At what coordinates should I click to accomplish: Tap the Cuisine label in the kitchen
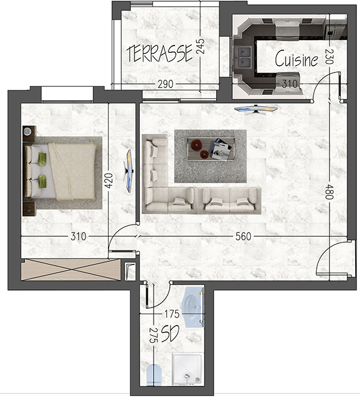pyautogui.click(x=296, y=58)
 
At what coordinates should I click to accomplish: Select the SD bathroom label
pyautogui.click(x=170, y=334)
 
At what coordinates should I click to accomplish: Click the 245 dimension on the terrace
pyautogui.click(x=200, y=46)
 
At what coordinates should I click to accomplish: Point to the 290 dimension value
pyautogui.click(x=166, y=84)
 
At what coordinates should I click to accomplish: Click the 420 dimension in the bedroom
pyautogui.click(x=109, y=180)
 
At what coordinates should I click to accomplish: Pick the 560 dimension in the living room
pyautogui.click(x=243, y=236)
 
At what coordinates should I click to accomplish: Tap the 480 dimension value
pyautogui.click(x=329, y=192)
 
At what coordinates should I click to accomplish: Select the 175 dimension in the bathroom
pyautogui.click(x=172, y=314)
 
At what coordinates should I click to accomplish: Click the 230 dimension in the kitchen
pyautogui.click(x=329, y=56)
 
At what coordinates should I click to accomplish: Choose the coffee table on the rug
pyautogui.click(x=211, y=149)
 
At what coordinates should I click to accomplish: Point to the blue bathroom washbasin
pyautogui.click(x=193, y=307)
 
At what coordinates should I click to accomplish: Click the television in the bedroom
pyautogui.click(x=129, y=171)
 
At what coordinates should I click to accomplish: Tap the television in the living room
pyautogui.click(x=256, y=109)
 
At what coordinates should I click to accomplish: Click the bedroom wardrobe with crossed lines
pyautogui.click(x=71, y=270)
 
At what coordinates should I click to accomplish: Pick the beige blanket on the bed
pyautogui.click(x=72, y=171)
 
